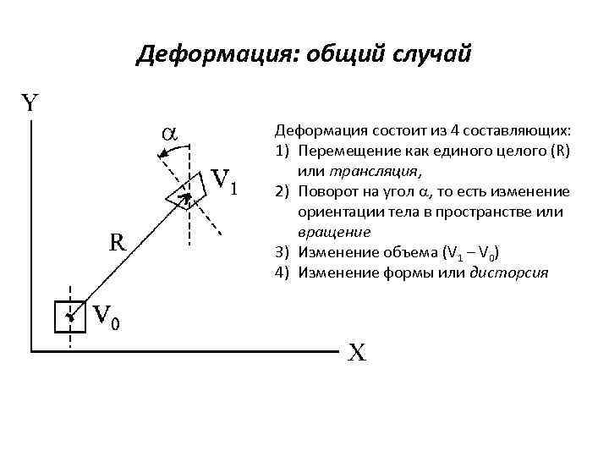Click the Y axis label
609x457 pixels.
pyautogui.click(x=30, y=103)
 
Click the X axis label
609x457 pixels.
pyautogui.click(x=357, y=352)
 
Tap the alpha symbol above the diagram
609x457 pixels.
pyautogui.click(x=168, y=133)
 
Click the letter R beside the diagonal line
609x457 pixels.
pyautogui.click(x=118, y=242)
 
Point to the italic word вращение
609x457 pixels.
pyautogui.click(x=332, y=230)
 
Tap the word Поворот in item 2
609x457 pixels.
pyautogui.click(x=325, y=190)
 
